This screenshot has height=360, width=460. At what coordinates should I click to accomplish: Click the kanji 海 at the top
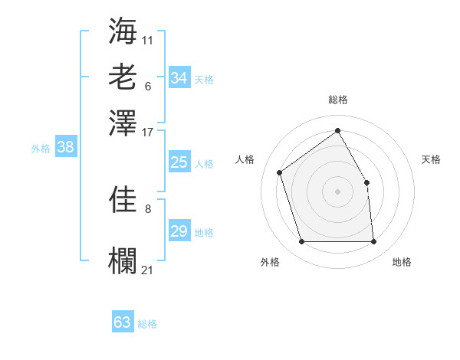coord(123,30)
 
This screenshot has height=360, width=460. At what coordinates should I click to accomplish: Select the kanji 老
coord(123,76)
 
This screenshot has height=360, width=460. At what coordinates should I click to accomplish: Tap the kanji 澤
coord(123,123)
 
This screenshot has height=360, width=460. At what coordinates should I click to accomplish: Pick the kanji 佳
coord(123,199)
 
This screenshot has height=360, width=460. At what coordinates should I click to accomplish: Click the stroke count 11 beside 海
coord(148,39)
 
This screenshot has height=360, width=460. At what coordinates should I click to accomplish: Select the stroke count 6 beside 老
coord(148,85)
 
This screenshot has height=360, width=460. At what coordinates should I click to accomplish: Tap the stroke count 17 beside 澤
coord(148,132)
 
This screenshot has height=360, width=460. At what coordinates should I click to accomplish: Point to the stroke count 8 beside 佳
coord(148,208)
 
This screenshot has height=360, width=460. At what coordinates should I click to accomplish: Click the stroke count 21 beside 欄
coord(148,270)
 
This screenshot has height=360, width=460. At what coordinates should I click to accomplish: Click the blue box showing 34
coord(179,78)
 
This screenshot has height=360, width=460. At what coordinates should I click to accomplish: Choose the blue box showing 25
coord(179,162)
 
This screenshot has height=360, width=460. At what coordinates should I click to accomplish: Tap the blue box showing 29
coord(179,231)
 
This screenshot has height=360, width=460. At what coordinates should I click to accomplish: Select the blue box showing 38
coord(65,148)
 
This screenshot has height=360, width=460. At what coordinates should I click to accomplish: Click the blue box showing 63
coord(123,322)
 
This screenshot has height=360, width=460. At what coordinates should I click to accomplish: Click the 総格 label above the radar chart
coord(337,100)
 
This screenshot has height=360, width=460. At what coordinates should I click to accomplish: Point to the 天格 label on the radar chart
coord(431,159)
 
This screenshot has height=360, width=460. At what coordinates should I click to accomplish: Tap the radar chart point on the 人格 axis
coord(280,172)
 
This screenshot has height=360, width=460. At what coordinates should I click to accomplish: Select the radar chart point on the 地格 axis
coord(373,242)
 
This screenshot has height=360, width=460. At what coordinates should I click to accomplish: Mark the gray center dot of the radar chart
coord(337,191)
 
